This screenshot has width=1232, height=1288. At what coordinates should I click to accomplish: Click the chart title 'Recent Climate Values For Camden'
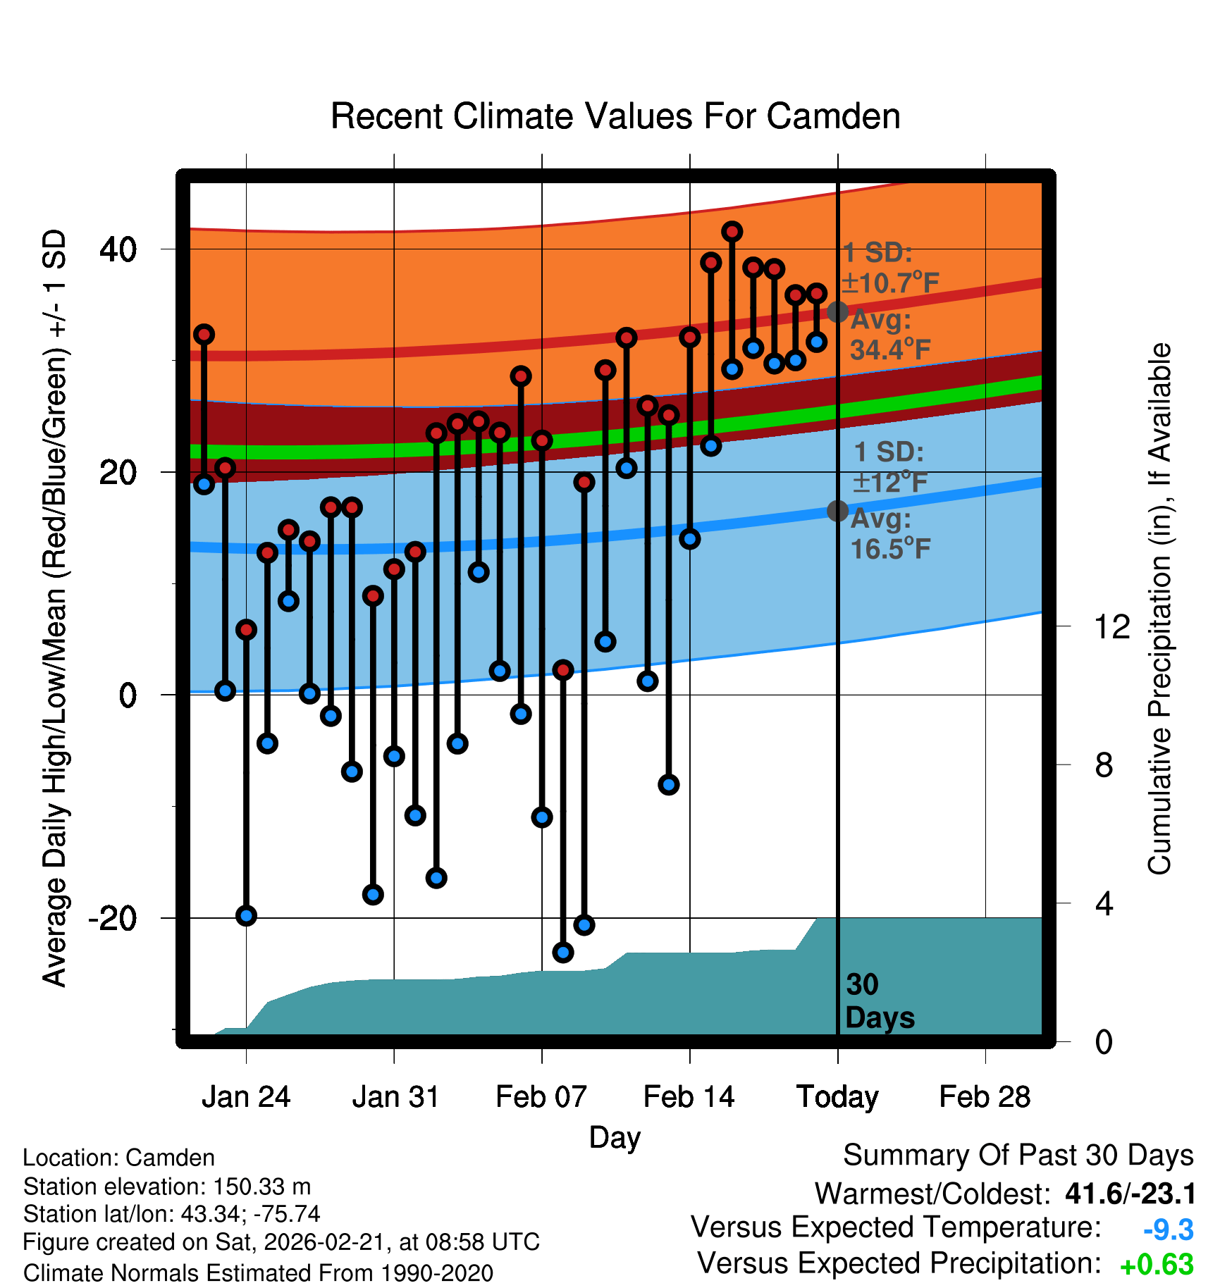615,116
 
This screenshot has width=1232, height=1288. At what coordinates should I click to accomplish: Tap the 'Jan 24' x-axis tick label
246,1097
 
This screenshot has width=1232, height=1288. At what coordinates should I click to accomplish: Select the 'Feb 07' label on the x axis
541,1097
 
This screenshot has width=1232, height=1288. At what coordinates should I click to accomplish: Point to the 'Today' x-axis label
837,1097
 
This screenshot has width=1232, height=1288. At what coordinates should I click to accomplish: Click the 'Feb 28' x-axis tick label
985,1097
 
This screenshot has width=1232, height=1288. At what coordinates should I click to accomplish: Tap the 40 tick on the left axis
118,249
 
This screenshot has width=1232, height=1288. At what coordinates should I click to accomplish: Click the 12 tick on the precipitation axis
1111,626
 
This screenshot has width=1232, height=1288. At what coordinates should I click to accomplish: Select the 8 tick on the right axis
1104,764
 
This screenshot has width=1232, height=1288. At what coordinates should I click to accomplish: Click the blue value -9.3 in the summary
1168,1230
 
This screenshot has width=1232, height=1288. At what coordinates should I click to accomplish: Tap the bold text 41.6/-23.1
1131,1194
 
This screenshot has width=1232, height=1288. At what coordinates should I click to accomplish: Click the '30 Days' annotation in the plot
879,1001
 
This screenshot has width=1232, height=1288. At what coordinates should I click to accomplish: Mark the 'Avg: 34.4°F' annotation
889,335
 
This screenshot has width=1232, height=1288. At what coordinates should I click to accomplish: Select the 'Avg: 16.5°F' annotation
889,534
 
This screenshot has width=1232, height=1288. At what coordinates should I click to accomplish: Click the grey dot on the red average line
837,311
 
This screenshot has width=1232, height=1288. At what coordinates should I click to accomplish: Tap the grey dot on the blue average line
837,511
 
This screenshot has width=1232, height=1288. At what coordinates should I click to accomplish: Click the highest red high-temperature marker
732,231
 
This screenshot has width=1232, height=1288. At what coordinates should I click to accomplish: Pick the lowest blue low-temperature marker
562,953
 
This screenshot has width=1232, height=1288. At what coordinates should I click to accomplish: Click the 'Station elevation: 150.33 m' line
167,1187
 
